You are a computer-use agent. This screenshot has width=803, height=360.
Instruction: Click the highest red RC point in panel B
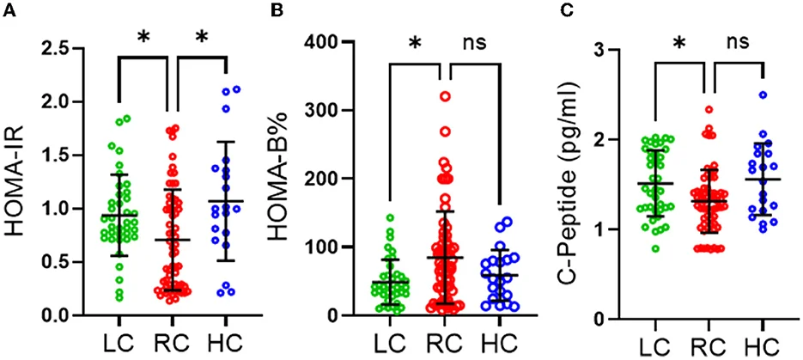(x=445, y=95)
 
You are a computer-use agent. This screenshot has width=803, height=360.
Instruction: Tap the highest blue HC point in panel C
(x=762, y=95)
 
